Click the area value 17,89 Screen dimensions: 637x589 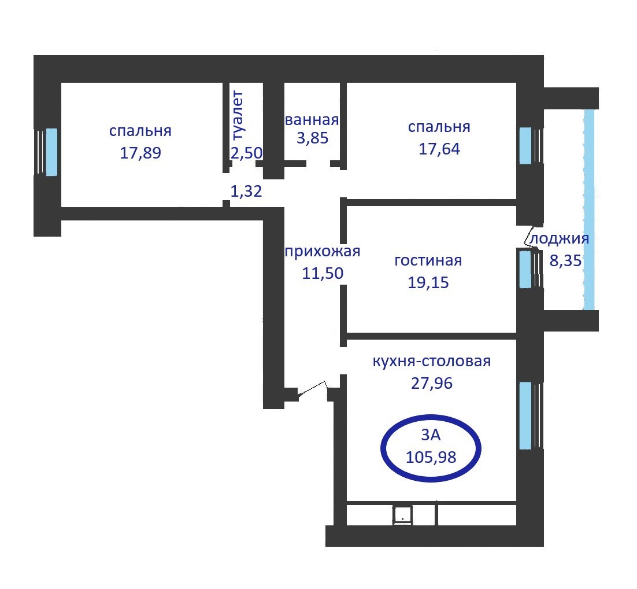click(x=140, y=153)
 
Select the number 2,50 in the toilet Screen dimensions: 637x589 click(x=247, y=153)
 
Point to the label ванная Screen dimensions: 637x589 click(x=312, y=120)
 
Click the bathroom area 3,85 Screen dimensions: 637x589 click(x=312, y=138)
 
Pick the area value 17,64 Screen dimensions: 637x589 click(x=439, y=149)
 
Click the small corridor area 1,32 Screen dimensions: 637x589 click(x=246, y=191)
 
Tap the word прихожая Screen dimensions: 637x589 click(x=323, y=251)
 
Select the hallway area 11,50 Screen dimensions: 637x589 click(x=323, y=273)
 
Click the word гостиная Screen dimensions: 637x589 click(x=428, y=260)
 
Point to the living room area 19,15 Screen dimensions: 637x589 click(x=428, y=282)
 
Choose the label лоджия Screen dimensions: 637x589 click(x=560, y=239)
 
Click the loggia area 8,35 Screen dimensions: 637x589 click(x=565, y=260)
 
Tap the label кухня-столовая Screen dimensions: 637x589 click(x=431, y=361)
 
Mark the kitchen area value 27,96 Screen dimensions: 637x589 click(x=431, y=383)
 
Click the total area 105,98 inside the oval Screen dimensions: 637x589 click(x=431, y=457)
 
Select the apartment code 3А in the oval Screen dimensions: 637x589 click(x=431, y=435)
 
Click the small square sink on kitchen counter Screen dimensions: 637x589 click(x=402, y=515)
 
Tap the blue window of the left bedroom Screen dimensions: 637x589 click(x=51, y=152)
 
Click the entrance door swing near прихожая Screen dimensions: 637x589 click(x=313, y=390)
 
